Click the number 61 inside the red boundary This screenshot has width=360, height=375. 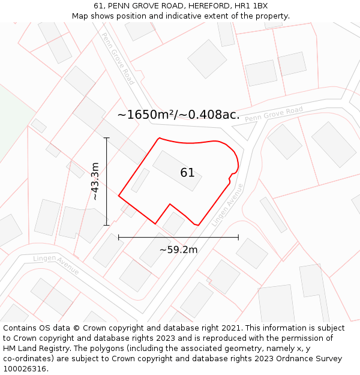187,173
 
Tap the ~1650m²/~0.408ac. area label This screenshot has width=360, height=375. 178,115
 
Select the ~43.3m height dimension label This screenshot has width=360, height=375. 95,181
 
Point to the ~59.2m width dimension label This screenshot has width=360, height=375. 178,250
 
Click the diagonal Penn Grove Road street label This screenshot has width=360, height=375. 118,58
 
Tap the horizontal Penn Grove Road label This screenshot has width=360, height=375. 274,114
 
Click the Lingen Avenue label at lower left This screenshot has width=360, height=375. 56,265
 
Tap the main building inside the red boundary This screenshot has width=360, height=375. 176,170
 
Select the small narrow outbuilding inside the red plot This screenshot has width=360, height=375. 140,180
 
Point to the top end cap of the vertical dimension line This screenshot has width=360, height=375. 107,138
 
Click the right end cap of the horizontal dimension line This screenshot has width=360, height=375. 238,238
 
